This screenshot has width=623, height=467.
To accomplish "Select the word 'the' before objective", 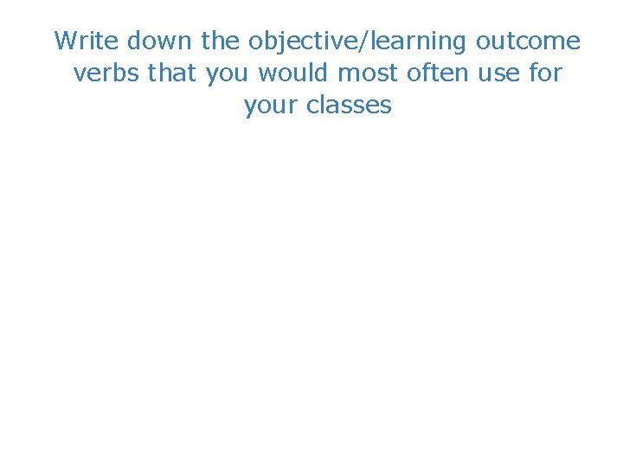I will click(221, 41).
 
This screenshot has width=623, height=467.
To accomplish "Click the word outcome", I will click(528, 41).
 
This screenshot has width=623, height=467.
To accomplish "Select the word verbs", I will click(107, 74).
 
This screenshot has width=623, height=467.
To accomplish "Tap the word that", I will click(173, 74).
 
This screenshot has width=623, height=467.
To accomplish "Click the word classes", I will click(348, 106).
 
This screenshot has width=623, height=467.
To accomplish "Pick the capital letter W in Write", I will click(66, 41).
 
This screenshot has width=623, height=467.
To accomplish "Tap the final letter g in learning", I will click(461, 44).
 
